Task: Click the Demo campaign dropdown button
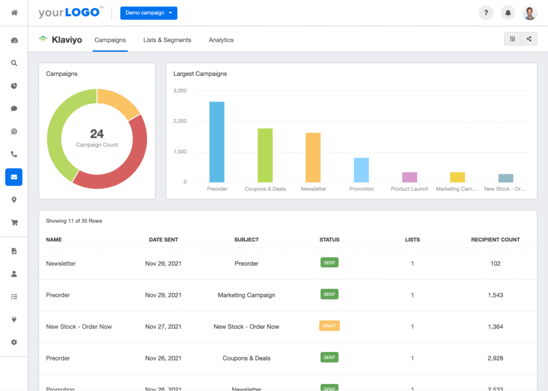click(x=148, y=13)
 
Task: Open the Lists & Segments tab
click(x=167, y=40)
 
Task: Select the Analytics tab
click(x=221, y=40)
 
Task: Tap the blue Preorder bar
click(x=217, y=142)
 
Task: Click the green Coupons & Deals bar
click(x=265, y=155)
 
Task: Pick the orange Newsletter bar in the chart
click(x=313, y=158)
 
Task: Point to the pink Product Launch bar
click(x=409, y=177)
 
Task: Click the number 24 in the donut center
click(x=97, y=134)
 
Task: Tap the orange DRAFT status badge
click(x=329, y=326)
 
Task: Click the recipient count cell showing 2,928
click(x=495, y=358)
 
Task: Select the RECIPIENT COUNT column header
click(x=495, y=240)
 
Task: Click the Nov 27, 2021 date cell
click(x=163, y=326)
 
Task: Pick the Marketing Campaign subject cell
click(x=246, y=295)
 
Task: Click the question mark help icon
click(x=486, y=13)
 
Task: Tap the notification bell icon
click(x=508, y=13)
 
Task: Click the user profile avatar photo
click(x=530, y=13)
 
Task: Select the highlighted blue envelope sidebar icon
click(x=14, y=177)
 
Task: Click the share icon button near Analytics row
click(x=529, y=39)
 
